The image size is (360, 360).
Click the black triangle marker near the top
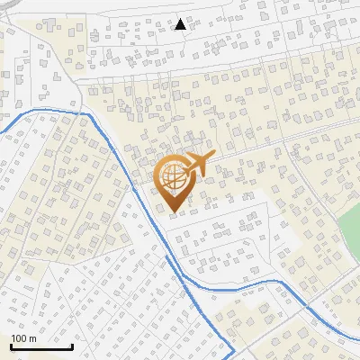(x=181, y=24)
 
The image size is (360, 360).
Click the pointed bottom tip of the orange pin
(x=174, y=212)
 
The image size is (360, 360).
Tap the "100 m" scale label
(x=23, y=338)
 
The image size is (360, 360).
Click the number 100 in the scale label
(x=19, y=338)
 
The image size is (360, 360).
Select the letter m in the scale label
(x=32, y=338)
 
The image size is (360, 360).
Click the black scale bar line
(x=41, y=346)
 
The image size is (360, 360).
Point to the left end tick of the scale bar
(x=11, y=344)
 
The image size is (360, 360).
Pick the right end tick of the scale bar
(x=72, y=344)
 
